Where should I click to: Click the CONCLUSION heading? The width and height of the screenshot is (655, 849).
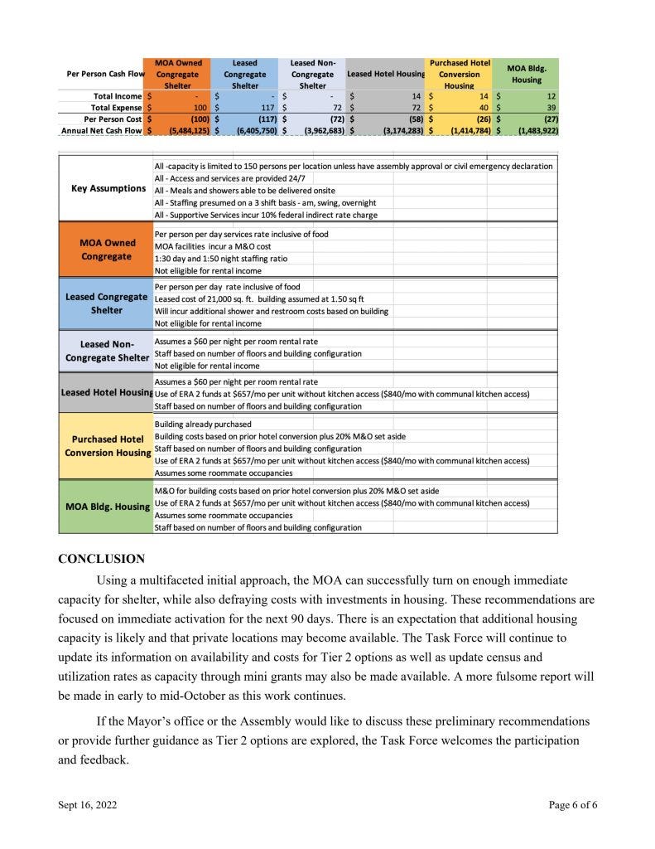101,560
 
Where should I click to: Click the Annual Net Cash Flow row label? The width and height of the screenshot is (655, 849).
102,130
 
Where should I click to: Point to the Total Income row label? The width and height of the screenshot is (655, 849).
117,97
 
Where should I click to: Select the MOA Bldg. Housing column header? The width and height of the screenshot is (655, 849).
527,74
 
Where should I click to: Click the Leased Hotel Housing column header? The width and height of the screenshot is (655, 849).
386,75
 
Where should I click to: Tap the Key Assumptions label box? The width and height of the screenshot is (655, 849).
108,188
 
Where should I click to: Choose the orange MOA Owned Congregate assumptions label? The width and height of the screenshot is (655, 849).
107,250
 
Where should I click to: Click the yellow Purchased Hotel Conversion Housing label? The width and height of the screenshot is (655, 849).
108,446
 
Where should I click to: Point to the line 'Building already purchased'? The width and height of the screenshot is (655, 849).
203,424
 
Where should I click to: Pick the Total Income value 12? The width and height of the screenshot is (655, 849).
551,97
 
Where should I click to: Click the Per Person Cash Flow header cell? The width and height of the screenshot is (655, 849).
105,75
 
